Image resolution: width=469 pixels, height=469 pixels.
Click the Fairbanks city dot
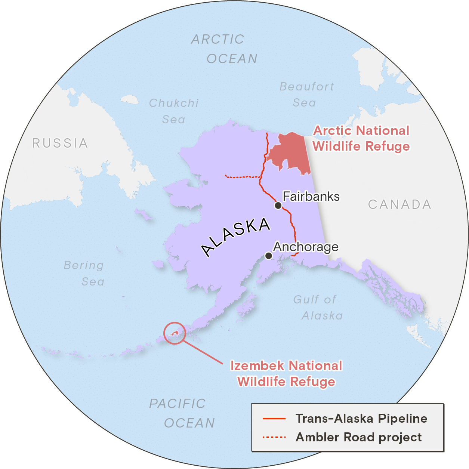pyautogui.click(x=278, y=206)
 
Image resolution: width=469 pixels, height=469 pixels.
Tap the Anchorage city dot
pyautogui.click(x=268, y=256)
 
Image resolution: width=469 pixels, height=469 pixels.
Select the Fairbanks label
pyautogui.click(x=311, y=197)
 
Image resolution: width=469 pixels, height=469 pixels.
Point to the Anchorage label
pyautogui.click(x=306, y=247)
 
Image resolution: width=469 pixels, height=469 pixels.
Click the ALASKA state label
pyautogui.click(x=236, y=237)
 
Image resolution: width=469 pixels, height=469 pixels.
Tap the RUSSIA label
pyautogui.click(x=60, y=143)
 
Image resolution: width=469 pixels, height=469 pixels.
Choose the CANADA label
pyautogui.click(x=399, y=204)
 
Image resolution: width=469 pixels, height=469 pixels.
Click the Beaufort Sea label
pyautogui.click(x=306, y=95)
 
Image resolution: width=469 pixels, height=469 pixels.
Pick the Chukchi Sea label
pyautogui.click(x=174, y=111)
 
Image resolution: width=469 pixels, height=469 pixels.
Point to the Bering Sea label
pyautogui.click(x=84, y=273)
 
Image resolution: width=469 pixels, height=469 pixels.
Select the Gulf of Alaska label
pyautogui.click(x=318, y=308)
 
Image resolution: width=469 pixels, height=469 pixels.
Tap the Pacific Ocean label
pyautogui.click(x=182, y=413)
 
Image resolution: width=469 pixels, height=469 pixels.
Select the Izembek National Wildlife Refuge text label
pyautogui.click(x=286, y=373)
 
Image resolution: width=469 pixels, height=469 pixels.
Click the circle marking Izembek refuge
pyautogui.click(x=175, y=333)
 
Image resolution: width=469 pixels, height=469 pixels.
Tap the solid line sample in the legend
pyautogui.click(x=274, y=419)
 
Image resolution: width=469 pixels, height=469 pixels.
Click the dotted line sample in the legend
pyautogui.click(x=274, y=437)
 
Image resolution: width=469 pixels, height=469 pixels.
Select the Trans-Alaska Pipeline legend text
pyautogui.click(x=361, y=419)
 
